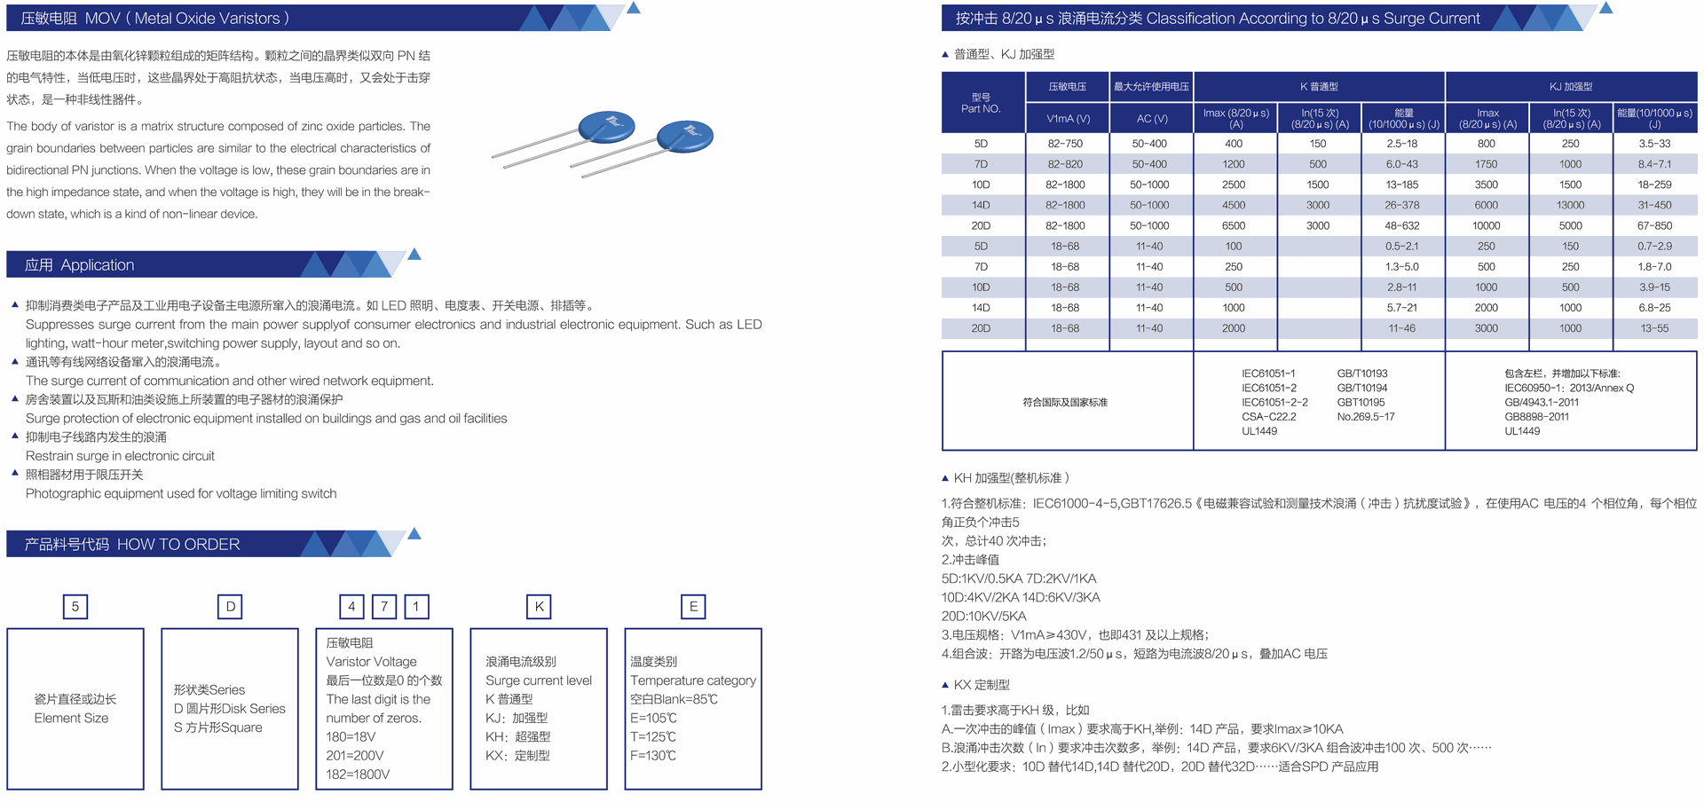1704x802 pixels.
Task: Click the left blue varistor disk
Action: [606, 126]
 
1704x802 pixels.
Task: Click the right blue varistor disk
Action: [684, 137]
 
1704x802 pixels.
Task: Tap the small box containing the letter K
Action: [539, 607]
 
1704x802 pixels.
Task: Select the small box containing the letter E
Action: [693, 607]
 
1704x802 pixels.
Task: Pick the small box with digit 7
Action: [384, 607]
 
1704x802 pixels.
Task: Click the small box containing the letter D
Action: [230, 607]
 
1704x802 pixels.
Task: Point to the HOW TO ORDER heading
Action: [178, 545]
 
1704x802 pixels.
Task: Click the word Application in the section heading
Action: [98, 265]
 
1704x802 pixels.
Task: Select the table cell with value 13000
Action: [1570, 205]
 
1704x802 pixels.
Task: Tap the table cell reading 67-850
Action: [1654, 226]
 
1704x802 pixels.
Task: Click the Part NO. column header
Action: [981, 104]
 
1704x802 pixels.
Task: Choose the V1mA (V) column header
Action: [1068, 119]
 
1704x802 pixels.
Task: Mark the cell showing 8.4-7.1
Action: [1654, 164]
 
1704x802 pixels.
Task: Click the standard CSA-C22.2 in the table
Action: [1268, 417]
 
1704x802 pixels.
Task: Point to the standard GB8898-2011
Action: [1535, 417]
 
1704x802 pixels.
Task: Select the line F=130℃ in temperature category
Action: [653, 756]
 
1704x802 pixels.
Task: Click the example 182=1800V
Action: [358, 774]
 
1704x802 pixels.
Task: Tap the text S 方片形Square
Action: [218, 727]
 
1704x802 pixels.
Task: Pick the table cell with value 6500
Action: [1234, 226]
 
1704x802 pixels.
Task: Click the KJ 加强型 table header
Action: [1570, 87]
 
